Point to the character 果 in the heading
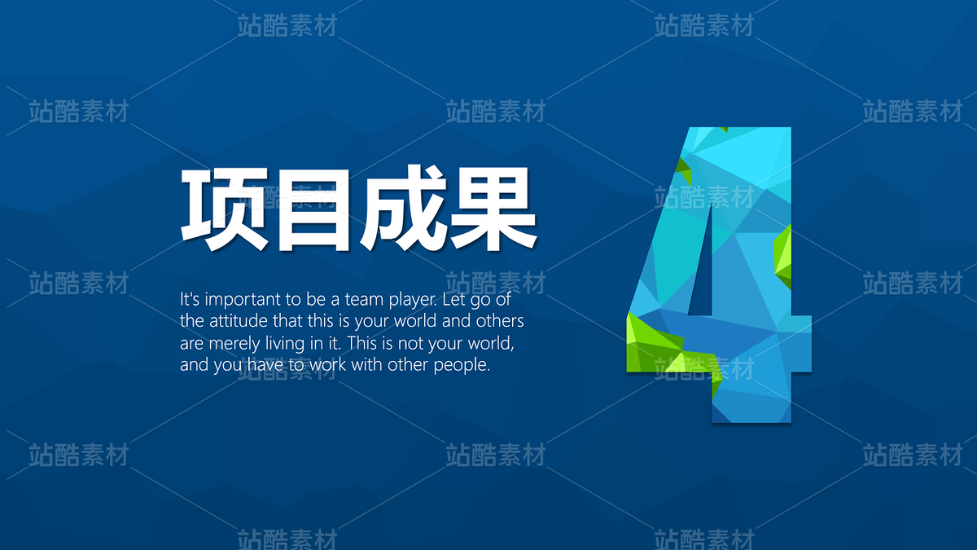click(493, 209)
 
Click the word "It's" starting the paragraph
click(190, 299)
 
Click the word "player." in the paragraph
click(413, 301)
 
